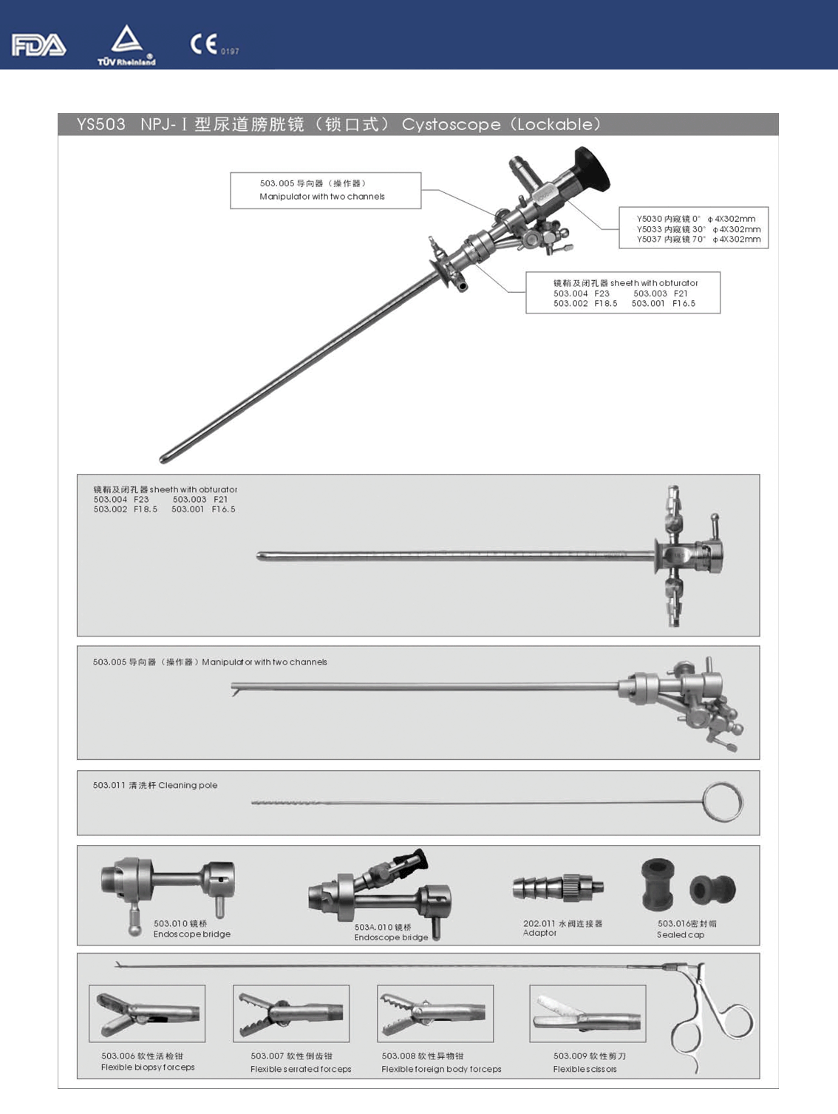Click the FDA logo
pyautogui.click(x=39, y=45)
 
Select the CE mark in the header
pyautogui.click(x=204, y=44)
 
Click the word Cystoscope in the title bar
pyautogui.click(x=451, y=124)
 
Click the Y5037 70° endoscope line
pyautogui.click(x=698, y=239)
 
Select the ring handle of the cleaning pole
pyautogui.click(x=723, y=802)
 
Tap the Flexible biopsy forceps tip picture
pyautogui.click(x=147, y=1013)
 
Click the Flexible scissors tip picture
pyautogui.click(x=587, y=1013)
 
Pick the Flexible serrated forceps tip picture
pyautogui.click(x=291, y=1013)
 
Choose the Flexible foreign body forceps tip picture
pyautogui.click(x=435, y=1013)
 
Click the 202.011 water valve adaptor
pyautogui.click(x=558, y=888)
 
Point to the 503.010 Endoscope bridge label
pyautogui.click(x=191, y=928)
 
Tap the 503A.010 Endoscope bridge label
pyautogui.click(x=391, y=932)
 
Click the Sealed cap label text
pyautogui.click(x=681, y=935)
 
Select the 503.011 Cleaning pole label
pyautogui.click(x=154, y=785)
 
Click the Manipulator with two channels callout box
pyautogui.click(x=326, y=190)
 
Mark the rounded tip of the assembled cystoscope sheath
pyautogui.click(x=163, y=459)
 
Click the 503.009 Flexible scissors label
pyautogui.click(x=590, y=1062)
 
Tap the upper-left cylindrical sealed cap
pyautogui.click(x=658, y=884)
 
